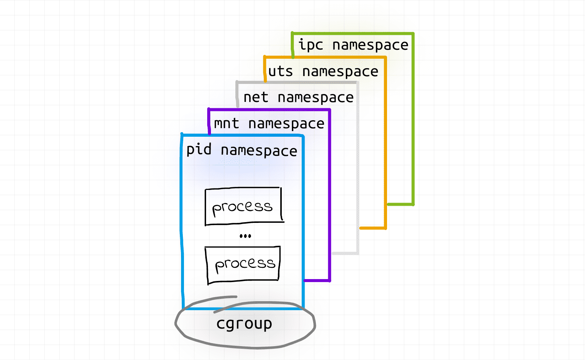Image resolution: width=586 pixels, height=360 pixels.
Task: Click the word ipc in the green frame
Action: (x=310, y=45)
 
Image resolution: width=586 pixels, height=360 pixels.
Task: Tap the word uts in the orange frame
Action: (x=280, y=71)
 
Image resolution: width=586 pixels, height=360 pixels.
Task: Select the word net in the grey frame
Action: (x=256, y=97)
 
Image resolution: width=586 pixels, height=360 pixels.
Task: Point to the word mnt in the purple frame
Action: (x=226, y=124)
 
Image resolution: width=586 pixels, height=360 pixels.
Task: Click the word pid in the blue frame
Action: (x=199, y=150)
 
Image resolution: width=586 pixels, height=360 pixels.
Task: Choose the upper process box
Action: (x=243, y=206)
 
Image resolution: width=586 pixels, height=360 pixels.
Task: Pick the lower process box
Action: (x=244, y=264)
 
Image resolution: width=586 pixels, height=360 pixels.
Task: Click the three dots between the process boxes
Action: (x=245, y=236)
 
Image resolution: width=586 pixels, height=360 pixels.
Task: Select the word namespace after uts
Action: (x=340, y=72)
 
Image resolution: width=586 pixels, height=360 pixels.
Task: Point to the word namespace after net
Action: (x=315, y=98)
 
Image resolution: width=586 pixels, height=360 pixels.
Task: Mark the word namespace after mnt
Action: (x=286, y=124)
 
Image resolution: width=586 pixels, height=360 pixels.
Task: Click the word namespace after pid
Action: (x=259, y=151)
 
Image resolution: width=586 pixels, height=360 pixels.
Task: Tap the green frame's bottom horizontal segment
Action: (x=400, y=204)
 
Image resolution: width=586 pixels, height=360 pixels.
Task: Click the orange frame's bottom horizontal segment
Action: (x=373, y=228)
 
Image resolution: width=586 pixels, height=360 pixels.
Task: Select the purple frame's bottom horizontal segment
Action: (x=317, y=280)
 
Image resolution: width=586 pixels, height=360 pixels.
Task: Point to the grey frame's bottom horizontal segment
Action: (x=345, y=254)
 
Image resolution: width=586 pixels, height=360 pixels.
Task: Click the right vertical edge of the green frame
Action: (x=413, y=120)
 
